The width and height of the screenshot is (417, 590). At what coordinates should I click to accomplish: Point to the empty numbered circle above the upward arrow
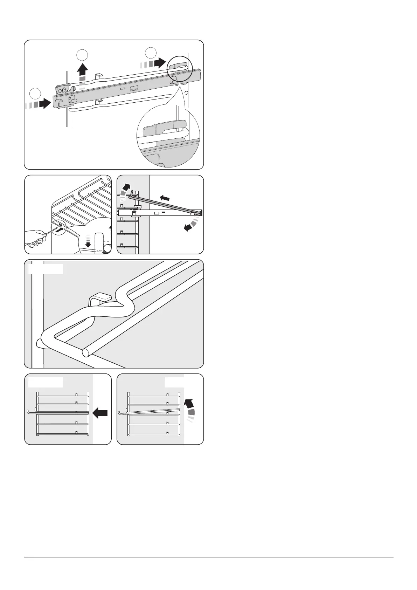pyautogui.click(x=82, y=55)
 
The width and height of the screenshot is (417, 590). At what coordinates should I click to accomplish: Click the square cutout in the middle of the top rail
pyautogui.click(x=134, y=89)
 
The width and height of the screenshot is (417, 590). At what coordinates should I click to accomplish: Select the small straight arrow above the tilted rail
pyautogui.click(x=165, y=198)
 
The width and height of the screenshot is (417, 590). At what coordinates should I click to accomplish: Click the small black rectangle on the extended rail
pyautogui.click(x=163, y=212)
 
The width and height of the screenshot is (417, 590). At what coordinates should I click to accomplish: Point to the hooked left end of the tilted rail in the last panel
pyautogui.click(x=120, y=413)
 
